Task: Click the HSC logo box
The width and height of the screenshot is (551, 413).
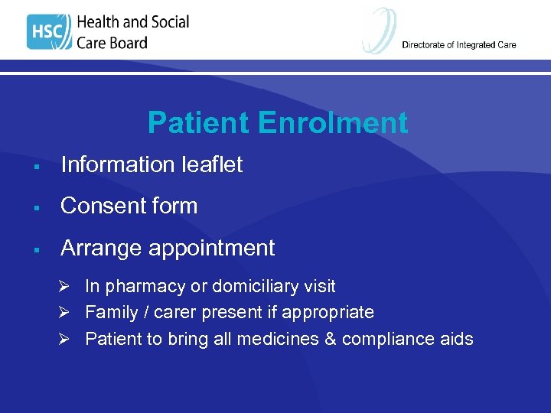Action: tap(49, 32)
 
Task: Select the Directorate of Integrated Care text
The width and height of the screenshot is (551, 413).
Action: tap(459, 45)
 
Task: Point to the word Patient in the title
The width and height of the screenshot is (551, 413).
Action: tap(198, 123)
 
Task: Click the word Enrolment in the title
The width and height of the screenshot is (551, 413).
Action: tap(333, 123)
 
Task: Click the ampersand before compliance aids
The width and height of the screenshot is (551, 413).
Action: tap(330, 339)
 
